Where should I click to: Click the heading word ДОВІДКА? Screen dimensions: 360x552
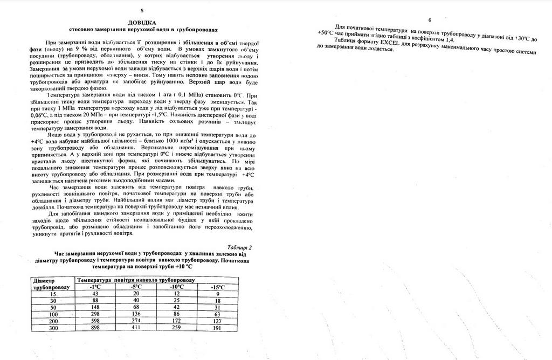tap(142, 23)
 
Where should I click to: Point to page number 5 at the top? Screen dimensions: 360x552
tap(142, 10)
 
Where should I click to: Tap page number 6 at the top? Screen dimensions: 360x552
tap(430, 19)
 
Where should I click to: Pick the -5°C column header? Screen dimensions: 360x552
tap(136, 287)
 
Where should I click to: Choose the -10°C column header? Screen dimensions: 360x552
tap(176, 287)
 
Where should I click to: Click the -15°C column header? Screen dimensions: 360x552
tap(218, 287)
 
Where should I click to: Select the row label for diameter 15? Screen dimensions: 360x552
tap(53, 294)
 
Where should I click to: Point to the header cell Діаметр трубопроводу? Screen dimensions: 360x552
tap(51, 284)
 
